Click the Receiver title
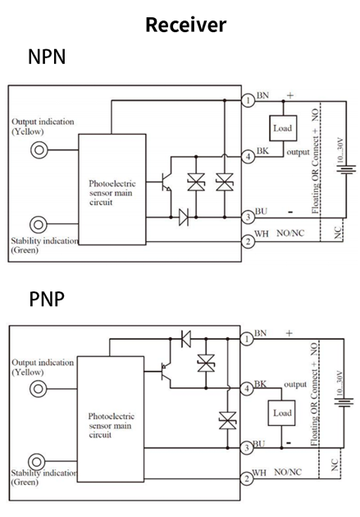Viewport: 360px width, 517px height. pyautogui.click(x=186, y=25)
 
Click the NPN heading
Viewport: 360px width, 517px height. pyautogui.click(x=47, y=57)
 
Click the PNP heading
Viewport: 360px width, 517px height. pyautogui.click(x=47, y=299)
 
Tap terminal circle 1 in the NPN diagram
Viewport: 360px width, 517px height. pyautogui.click(x=248, y=100)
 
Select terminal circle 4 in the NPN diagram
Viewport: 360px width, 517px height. pyautogui.click(x=248, y=156)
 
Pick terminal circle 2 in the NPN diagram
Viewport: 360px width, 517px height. pyautogui.click(x=248, y=242)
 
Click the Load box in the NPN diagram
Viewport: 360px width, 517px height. pyautogui.click(x=283, y=128)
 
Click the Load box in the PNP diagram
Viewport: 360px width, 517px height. pyautogui.click(x=281, y=413)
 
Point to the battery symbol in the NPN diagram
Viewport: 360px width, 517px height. pyautogui.click(x=346, y=170)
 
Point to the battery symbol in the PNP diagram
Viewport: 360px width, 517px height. pyautogui.click(x=344, y=402)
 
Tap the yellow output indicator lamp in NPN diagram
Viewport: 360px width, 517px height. pyautogui.click(x=39, y=150)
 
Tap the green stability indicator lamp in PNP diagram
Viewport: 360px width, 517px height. pyautogui.click(x=37, y=461)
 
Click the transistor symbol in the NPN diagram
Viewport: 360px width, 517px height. pyautogui.click(x=166, y=182)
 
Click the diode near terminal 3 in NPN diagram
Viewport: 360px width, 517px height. pyautogui.click(x=184, y=217)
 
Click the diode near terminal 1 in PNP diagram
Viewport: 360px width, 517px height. pyautogui.click(x=186, y=339)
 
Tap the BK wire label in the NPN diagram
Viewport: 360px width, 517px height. pyautogui.click(x=262, y=151)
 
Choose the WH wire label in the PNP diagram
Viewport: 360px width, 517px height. pyautogui.click(x=259, y=473)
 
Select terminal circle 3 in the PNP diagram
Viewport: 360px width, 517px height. pyautogui.click(x=247, y=448)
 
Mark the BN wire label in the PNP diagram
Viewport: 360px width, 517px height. pyautogui.click(x=260, y=333)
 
